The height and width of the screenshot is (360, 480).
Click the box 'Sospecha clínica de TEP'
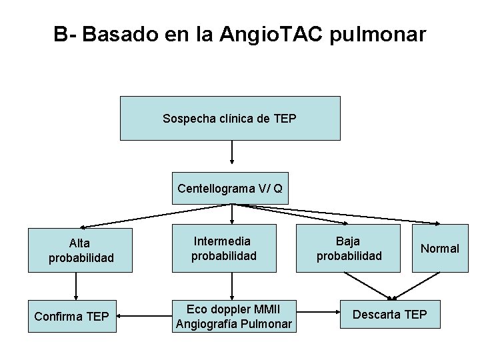point(230,118)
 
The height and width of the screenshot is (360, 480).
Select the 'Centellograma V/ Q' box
point(230,189)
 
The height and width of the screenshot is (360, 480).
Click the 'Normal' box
point(439,249)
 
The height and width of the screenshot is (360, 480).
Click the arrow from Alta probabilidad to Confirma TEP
point(75,286)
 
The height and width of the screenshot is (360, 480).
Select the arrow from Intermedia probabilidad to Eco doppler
point(232,285)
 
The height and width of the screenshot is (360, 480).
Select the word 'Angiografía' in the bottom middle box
point(207,325)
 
